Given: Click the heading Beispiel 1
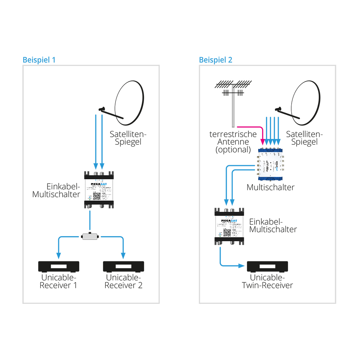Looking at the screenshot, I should (39, 60).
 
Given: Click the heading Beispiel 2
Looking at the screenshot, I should (216, 60).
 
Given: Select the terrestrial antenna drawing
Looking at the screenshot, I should (233, 97).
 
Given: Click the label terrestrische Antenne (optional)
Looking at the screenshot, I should (233, 142).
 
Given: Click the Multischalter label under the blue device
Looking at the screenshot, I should (270, 187).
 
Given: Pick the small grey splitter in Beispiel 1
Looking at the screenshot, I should (90, 237).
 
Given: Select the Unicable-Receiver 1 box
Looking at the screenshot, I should (59, 266).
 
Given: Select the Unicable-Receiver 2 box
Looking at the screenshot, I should (123, 266).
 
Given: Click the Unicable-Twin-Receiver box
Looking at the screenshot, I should (267, 266).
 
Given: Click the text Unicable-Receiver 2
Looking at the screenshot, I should (123, 282).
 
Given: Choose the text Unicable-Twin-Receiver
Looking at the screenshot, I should (267, 282).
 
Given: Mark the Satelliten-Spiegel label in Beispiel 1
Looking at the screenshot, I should (129, 138).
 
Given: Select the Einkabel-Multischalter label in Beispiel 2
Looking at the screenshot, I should (273, 225).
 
